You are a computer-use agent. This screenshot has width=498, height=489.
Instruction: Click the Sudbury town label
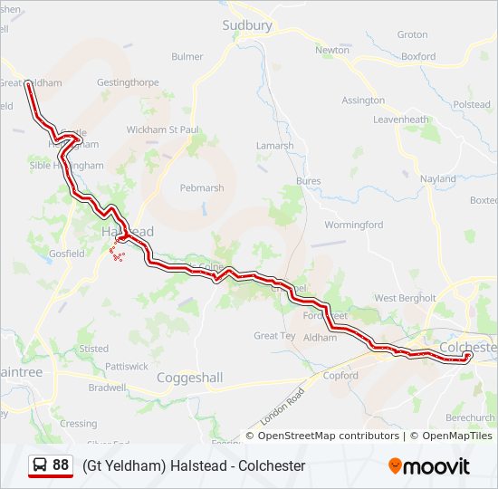click(247, 25)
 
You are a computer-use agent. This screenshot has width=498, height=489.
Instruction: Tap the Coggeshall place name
click(189, 377)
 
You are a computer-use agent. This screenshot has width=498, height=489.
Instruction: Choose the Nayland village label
click(438, 179)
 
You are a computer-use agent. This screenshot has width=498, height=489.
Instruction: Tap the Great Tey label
click(274, 336)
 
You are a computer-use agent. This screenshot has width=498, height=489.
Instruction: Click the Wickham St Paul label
click(162, 129)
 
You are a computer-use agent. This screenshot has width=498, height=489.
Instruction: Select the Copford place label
click(340, 375)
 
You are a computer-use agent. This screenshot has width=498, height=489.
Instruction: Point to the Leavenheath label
click(400, 120)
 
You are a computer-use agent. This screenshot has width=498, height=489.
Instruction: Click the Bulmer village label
click(187, 56)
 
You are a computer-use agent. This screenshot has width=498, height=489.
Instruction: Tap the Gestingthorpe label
click(128, 82)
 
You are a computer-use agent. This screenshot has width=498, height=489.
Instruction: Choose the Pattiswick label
click(127, 367)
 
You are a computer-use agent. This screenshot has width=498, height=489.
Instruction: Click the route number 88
click(61, 465)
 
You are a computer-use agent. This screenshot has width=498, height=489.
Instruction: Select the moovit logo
click(429, 466)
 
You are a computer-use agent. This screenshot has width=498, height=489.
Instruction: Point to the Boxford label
click(418, 56)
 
